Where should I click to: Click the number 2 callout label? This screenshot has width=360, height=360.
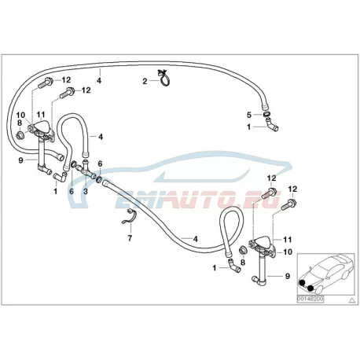click(145, 82)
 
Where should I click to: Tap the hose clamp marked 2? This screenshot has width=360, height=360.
click(164, 79)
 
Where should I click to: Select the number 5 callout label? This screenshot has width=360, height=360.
click(249, 115)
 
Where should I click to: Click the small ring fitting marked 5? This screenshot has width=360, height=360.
click(266, 114)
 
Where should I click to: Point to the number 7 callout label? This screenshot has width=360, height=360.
click(130, 238)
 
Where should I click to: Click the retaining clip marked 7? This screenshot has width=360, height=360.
click(130, 216)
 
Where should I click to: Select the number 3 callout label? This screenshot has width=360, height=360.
click(86, 192)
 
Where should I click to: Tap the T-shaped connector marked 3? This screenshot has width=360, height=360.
click(86, 170)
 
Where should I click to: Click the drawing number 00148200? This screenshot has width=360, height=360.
click(310, 299)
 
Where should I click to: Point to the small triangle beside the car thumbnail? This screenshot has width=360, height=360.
click(352, 299)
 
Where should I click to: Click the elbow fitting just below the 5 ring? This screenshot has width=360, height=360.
click(272, 125)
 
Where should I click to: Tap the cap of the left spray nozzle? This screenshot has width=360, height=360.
click(41, 126)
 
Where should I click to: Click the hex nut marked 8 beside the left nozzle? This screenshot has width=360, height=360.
click(20, 135)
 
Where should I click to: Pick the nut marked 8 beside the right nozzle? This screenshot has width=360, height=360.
click(243, 250)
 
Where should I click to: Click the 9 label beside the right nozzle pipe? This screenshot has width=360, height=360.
click(288, 276)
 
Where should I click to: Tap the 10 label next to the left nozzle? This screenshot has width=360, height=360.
click(20, 115)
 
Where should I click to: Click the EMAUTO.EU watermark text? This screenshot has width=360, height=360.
click(197, 199)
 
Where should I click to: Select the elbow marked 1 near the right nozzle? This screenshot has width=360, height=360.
click(233, 266)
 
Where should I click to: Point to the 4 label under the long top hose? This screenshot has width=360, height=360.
click(99, 80)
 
